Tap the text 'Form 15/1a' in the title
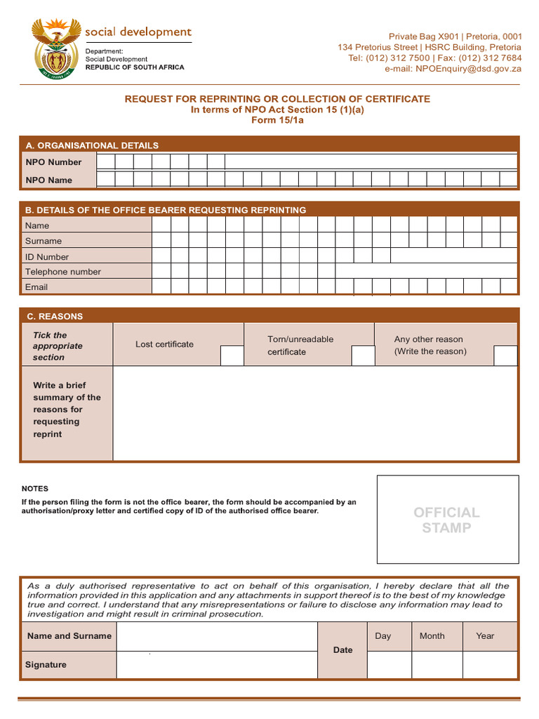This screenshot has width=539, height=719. (277, 120)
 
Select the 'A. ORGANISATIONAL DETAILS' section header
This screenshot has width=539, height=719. (92, 145)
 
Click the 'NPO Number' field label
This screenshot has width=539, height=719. (53, 162)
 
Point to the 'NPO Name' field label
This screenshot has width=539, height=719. (48, 180)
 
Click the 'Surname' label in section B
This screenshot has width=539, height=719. (44, 241)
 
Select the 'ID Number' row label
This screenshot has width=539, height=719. (47, 257)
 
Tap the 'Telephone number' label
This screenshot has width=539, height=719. (63, 272)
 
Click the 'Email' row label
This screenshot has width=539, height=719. (36, 287)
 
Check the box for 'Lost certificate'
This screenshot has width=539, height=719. (232, 355)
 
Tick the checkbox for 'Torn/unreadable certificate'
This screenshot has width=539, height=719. (363, 355)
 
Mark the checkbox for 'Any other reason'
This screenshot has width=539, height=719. (505, 355)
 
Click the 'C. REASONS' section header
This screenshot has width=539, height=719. (55, 317)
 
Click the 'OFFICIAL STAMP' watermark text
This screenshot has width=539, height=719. (447, 520)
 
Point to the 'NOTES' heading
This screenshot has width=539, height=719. (35, 489)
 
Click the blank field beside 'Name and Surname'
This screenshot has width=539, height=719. (217, 636)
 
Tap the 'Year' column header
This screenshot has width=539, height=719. (485, 636)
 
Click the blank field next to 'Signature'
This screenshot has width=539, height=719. (217, 664)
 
